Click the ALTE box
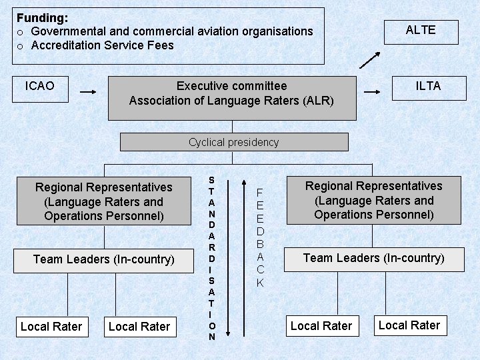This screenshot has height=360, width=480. [x=421, y=31]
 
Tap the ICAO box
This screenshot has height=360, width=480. [x=40, y=88]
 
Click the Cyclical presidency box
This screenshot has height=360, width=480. [x=234, y=142]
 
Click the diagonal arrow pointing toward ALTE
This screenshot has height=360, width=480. [x=370, y=60]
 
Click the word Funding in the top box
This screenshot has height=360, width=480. [x=42, y=18]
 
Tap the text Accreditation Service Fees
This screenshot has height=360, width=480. [x=103, y=45]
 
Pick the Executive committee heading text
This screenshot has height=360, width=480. [x=231, y=86]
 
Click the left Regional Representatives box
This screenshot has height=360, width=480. [x=103, y=201]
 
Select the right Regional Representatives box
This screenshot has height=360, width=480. [x=374, y=200]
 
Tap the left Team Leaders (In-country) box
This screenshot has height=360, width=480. [x=103, y=259]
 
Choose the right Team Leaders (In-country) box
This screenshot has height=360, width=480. [x=374, y=258]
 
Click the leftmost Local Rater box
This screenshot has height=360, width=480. [x=51, y=326]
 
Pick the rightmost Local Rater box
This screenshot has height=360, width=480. [x=409, y=325]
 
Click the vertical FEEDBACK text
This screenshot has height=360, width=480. [x=260, y=237]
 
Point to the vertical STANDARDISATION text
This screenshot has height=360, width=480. [x=212, y=259]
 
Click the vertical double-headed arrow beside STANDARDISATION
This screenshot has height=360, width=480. [x=227, y=257]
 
